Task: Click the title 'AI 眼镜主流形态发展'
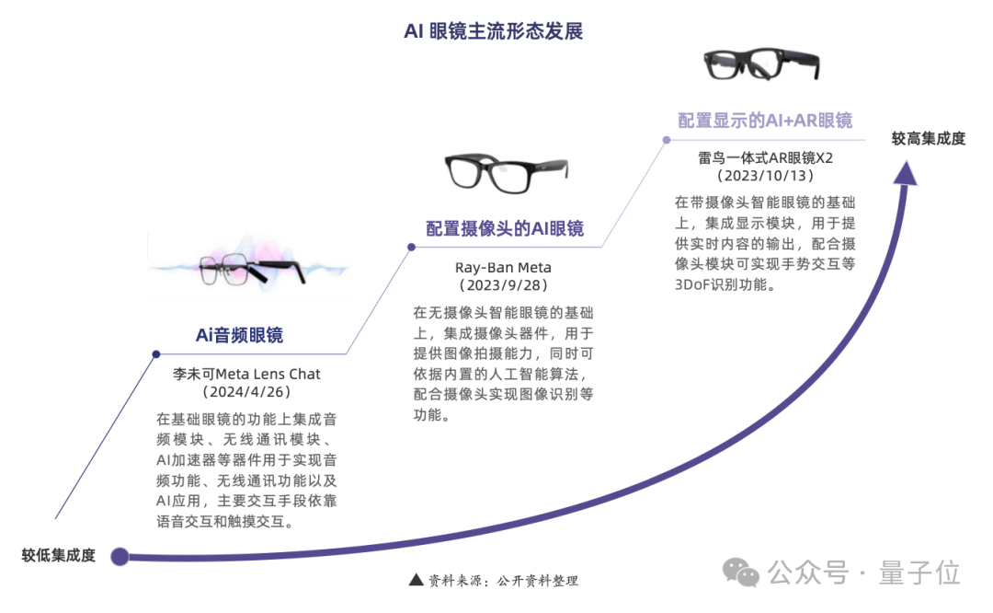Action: (x=494, y=31)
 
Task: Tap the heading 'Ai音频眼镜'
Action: (x=239, y=335)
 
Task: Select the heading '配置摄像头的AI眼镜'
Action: (x=505, y=228)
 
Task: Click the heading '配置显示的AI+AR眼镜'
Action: (x=765, y=121)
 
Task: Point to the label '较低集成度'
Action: (x=58, y=555)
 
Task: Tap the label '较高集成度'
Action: (x=929, y=138)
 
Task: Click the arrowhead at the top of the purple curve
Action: (x=906, y=173)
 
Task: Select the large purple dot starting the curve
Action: (x=120, y=557)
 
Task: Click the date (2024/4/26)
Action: (x=246, y=392)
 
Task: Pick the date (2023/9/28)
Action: (x=504, y=285)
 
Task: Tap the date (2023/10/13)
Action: (x=765, y=176)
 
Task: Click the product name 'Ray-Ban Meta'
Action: (x=504, y=268)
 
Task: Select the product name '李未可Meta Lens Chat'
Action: (x=246, y=374)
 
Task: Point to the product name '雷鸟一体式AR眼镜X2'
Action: (x=765, y=157)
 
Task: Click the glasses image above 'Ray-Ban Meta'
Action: (x=507, y=172)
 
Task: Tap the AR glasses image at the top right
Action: (x=762, y=64)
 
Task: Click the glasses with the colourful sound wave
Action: (x=247, y=266)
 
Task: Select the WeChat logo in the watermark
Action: (x=741, y=573)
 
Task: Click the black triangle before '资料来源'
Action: (x=417, y=579)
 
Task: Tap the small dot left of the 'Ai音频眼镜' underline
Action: (x=156, y=354)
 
